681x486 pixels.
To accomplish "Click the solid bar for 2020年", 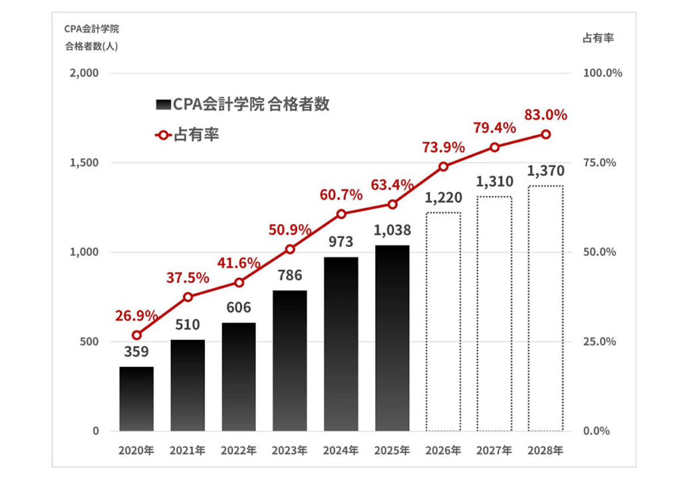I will click(x=136, y=399).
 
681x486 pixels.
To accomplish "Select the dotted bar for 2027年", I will click(x=494, y=314).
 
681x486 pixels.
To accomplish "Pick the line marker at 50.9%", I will click(x=290, y=249).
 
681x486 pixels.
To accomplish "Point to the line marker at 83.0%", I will click(x=545, y=134).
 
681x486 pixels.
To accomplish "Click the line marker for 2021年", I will click(x=188, y=297).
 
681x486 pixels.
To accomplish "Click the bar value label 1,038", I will click(x=392, y=231).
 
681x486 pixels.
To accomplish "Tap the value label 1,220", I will click(x=443, y=197).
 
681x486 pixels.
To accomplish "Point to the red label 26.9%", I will click(x=136, y=314).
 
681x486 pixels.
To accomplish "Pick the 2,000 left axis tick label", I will click(x=84, y=73).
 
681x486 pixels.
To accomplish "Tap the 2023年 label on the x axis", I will click(x=289, y=450).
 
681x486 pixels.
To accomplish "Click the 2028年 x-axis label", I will click(x=545, y=450).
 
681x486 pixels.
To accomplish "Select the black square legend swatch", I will click(x=163, y=105).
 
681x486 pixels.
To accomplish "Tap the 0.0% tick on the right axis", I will click(x=596, y=431).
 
